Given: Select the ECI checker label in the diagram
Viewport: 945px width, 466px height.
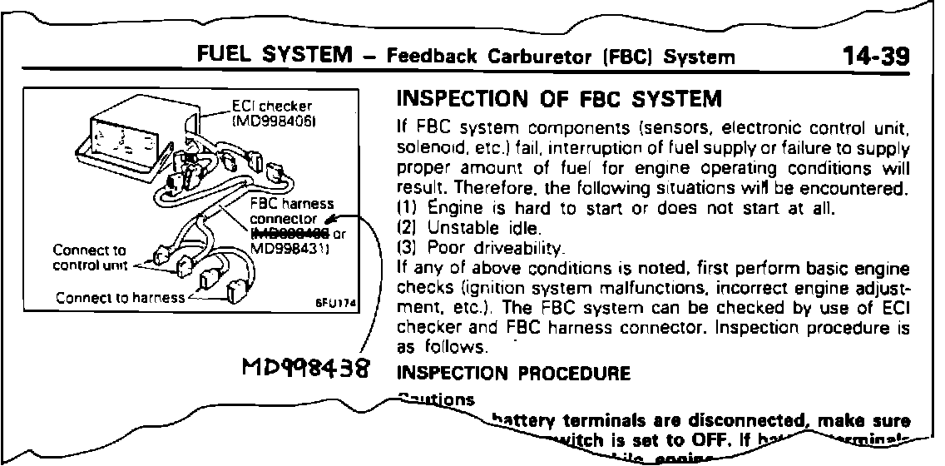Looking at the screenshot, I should click(260, 106).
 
